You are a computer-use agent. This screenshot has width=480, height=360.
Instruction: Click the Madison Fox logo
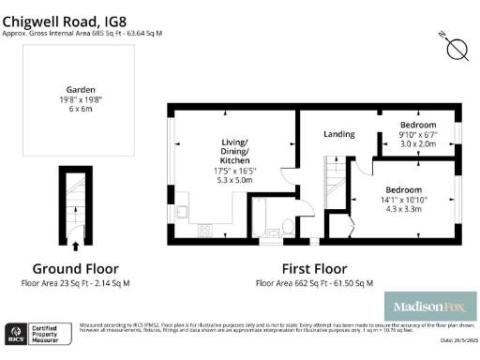click(x=430, y=307)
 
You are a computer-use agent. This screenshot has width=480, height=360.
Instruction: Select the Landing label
click(x=338, y=134)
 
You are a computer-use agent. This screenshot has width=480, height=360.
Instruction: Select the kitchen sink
click(x=184, y=202)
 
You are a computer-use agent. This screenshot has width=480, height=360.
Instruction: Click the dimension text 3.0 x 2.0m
click(x=417, y=144)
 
